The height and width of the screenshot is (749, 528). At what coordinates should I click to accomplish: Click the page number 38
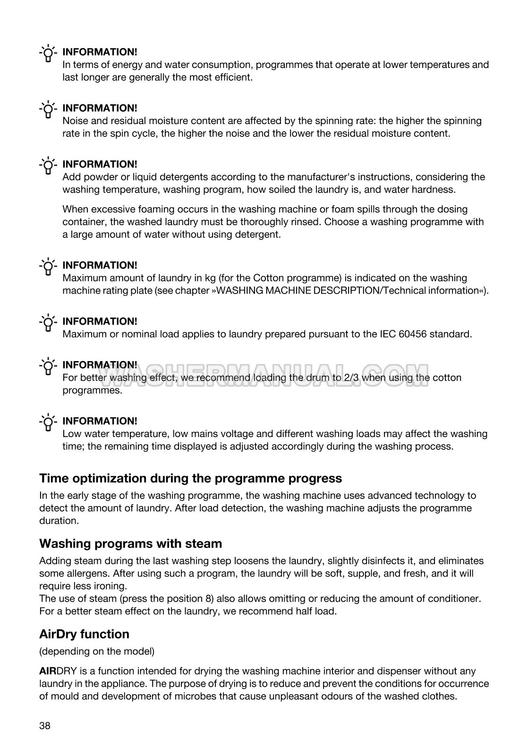pos(45,726)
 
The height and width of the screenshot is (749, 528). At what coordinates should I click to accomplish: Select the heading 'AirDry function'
pos(84,634)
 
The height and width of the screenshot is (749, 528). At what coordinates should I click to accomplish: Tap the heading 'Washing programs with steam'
pos(130,543)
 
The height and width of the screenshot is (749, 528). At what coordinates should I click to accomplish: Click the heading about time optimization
pos(190,478)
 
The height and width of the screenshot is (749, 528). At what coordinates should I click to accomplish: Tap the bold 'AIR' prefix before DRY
pos(48,671)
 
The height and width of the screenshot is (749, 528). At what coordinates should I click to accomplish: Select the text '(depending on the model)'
pos(97,651)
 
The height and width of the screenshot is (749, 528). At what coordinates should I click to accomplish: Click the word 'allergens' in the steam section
pos(85,573)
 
